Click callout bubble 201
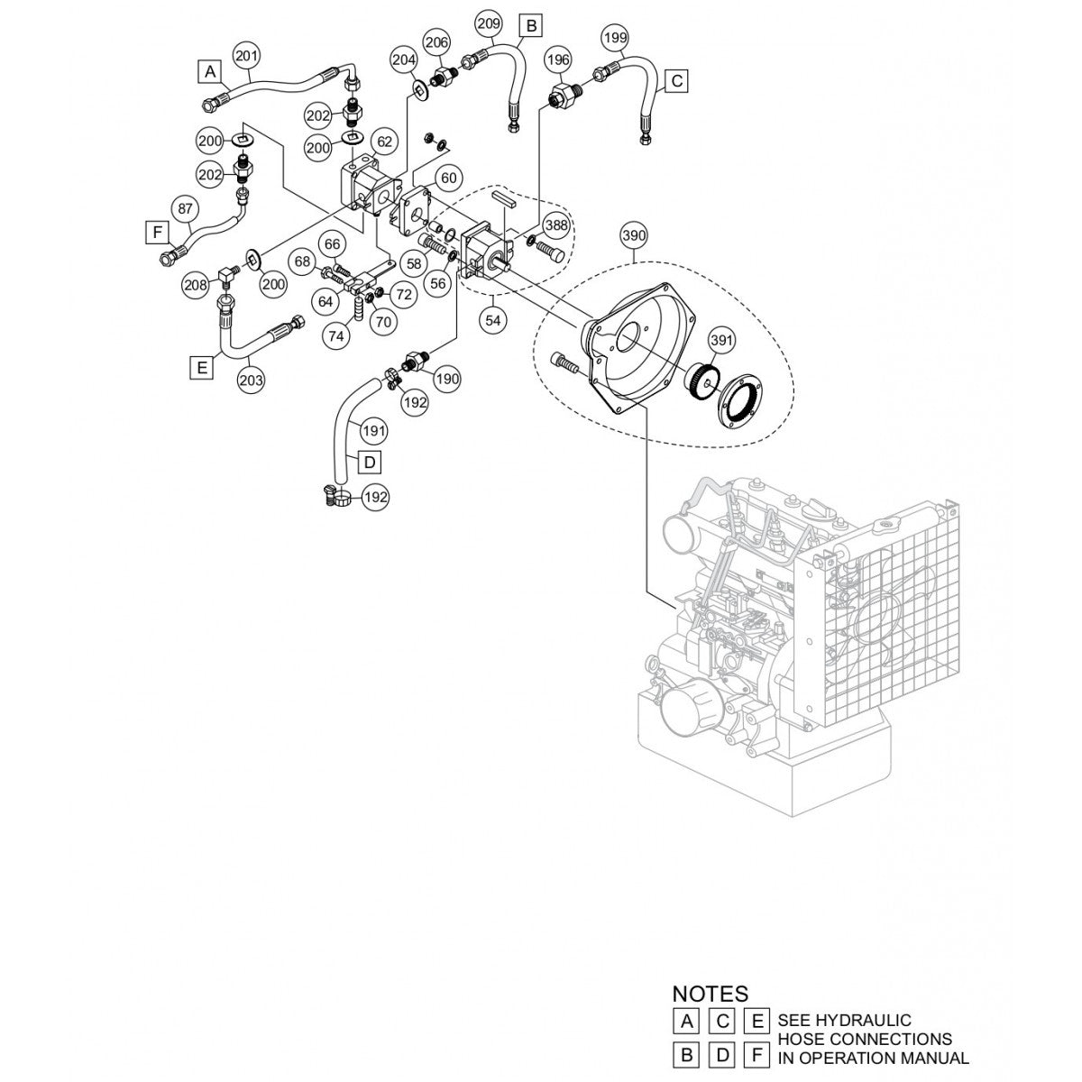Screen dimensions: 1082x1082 pos(246,56)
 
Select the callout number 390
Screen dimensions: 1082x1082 pos(635,236)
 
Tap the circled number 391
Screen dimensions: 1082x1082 pos(722,340)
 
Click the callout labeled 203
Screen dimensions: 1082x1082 pos(251,381)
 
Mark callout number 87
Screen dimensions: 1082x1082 pos(184,209)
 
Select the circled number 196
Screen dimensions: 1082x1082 pos(558,60)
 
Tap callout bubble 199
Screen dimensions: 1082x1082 pos(615,38)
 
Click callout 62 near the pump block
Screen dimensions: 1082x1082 pos(385,142)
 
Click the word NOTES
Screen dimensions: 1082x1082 pos(710,995)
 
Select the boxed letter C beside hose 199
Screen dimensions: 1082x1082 pos(678,81)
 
